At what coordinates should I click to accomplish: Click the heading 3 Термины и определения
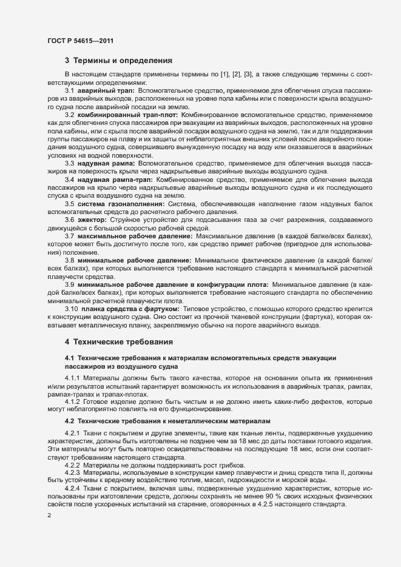119,61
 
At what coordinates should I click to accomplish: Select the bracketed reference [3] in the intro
248,73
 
